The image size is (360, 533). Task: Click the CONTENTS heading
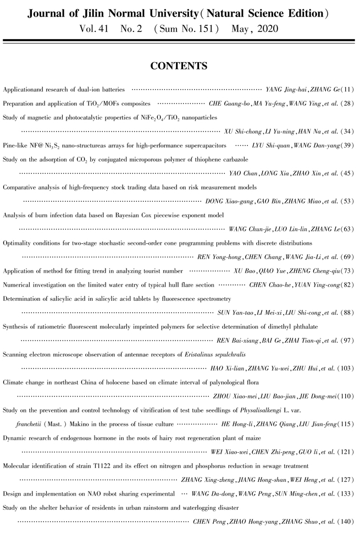pos(179,67)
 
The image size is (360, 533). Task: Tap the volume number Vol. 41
pos(97,28)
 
